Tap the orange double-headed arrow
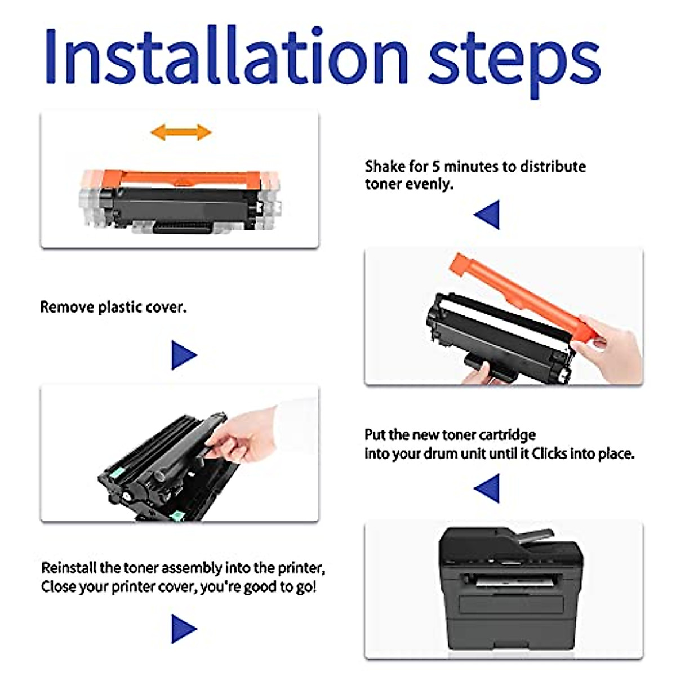[x=181, y=132]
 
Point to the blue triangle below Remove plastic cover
[x=184, y=355]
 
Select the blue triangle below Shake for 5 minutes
[x=487, y=215]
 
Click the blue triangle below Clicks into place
[x=487, y=488]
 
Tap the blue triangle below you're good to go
[x=184, y=629]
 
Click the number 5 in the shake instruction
[x=435, y=167]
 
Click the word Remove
[x=67, y=307]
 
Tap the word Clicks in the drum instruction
[x=549, y=453]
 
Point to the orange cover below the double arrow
[x=181, y=179]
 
